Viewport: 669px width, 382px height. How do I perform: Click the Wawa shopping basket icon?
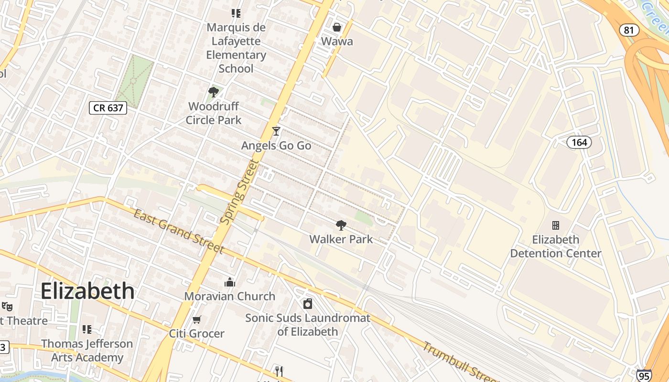(x=337, y=27)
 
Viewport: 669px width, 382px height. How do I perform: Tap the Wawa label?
(x=337, y=41)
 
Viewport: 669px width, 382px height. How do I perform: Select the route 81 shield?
(x=629, y=30)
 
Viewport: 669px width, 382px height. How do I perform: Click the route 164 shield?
(x=579, y=142)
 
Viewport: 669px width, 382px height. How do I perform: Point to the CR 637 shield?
(x=108, y=107)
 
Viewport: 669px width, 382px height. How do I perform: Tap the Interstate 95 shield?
(x=644, y=376)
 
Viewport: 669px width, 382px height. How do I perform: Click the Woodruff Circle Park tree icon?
(x=214, y=92)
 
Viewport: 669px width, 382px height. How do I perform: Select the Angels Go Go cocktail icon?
(x=276, y=131)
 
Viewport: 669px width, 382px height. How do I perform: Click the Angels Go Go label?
(x=276, y=146)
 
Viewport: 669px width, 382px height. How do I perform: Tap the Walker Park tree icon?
(x=341, y=225)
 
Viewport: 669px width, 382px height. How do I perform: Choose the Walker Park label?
(x=341, y=239)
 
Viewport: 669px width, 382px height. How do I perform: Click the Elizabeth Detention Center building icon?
(x=556, y=225)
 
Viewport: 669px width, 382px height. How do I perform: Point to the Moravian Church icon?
(x=230, y=282)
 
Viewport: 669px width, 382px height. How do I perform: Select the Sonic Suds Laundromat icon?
(x=308, y=304)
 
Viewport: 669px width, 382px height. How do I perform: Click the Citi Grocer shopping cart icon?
(x=196, y=319)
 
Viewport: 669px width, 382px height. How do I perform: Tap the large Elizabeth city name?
(x=87, y=291)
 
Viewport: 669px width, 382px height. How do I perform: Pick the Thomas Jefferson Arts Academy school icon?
(x=86, y=329)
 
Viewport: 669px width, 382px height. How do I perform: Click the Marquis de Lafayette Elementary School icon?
(x=236, y=13)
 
